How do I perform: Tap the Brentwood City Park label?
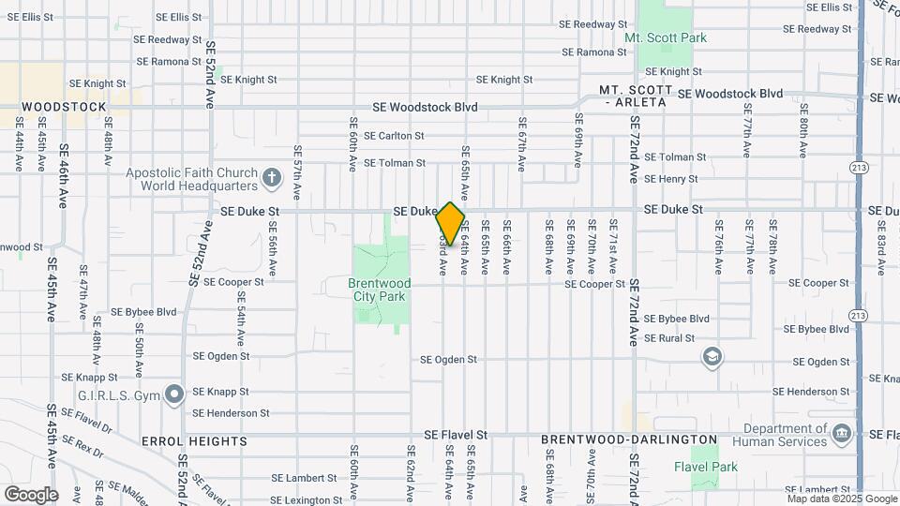click(x=379, y=290)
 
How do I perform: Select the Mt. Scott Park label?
click(x=666, y=38)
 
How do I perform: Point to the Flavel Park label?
click(x=706, y=467)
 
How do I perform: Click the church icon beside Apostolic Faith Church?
click(x=272, y=177)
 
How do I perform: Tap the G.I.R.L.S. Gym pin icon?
click(x=173, y=394)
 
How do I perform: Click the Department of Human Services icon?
click(x=841, y=434)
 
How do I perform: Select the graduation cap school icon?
click(x=712, y=356)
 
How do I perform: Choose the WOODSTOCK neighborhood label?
click(x=64, y=107)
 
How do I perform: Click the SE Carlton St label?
click(x=395, y=136)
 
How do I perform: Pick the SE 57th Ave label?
click(x=296, y=173)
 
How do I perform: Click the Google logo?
click(x=31, y=494)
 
